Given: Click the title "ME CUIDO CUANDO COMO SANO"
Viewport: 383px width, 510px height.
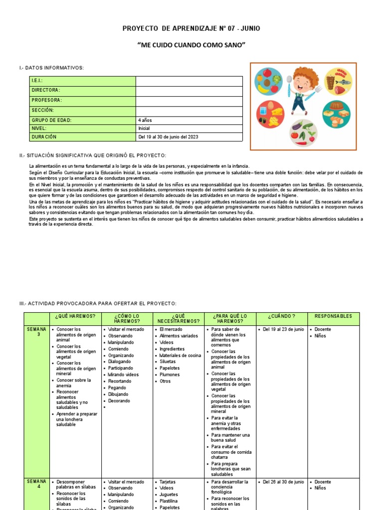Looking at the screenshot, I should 191,45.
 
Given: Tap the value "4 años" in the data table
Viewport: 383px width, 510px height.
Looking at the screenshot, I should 145,120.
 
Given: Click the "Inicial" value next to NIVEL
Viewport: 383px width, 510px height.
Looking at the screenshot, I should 144,128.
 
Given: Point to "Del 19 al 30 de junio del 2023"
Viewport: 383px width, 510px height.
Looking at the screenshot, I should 168,136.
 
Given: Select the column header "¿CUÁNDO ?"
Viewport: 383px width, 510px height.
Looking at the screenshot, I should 281,316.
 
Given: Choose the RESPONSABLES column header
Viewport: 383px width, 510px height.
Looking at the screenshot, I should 333,316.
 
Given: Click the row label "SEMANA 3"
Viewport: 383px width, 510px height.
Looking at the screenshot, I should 36,332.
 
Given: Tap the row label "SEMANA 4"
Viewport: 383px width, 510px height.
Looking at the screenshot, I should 36,485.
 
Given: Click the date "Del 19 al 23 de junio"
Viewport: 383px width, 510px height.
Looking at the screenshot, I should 283,330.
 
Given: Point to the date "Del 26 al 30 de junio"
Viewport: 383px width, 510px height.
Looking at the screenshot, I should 283,482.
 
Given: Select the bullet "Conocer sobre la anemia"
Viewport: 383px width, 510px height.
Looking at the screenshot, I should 73,383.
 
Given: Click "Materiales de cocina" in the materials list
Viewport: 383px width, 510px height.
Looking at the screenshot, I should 180,356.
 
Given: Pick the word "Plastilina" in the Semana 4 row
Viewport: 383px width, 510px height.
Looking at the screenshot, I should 170,501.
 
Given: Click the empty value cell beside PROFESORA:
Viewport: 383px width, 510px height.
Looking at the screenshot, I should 189,100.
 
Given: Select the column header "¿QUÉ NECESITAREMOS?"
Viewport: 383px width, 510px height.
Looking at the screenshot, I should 179,319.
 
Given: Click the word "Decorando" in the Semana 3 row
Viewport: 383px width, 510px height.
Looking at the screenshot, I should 119,401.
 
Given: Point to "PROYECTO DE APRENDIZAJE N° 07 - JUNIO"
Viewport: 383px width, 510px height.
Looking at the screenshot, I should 191,29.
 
